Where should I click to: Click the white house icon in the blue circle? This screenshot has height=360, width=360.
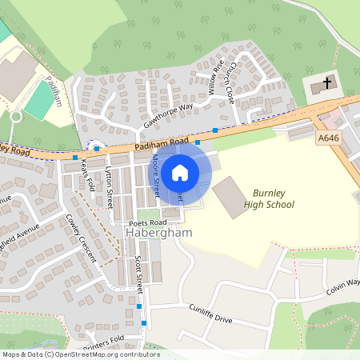coord(180,172)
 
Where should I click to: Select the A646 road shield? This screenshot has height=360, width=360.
coord(328,138)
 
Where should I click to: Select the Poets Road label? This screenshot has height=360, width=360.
coord(147,222)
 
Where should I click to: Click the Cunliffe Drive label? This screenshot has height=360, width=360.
coord(210,312)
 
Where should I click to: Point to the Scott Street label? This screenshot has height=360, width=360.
coord(139,273)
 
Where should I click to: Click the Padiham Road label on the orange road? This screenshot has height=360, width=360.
coord(162,143)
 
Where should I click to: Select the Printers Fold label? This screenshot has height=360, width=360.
coord(102,340)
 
